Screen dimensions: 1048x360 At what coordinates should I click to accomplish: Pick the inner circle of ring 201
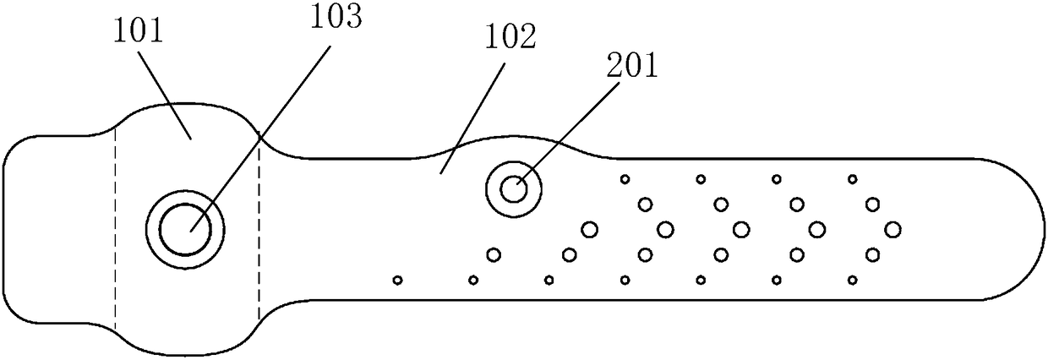[513, 189]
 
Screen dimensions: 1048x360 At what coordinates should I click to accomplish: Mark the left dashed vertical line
[115, 228]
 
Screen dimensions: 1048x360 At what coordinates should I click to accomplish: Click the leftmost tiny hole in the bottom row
[397, 280]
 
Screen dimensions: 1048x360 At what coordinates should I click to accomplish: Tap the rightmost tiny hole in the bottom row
[852, 280]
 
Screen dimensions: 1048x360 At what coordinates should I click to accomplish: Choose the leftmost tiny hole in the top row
[625, 178]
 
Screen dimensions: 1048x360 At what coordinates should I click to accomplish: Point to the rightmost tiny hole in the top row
[852, 178]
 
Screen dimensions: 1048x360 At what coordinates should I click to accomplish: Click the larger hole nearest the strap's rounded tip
[892, 228]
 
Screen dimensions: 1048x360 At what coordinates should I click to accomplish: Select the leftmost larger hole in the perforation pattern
[494, 254]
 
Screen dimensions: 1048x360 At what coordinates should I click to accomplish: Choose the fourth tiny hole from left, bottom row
[625, 280]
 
